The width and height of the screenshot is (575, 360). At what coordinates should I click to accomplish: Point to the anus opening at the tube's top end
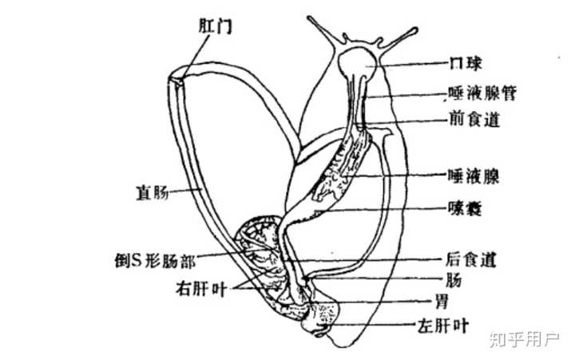180,77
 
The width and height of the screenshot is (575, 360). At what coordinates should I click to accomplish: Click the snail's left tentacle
319,33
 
